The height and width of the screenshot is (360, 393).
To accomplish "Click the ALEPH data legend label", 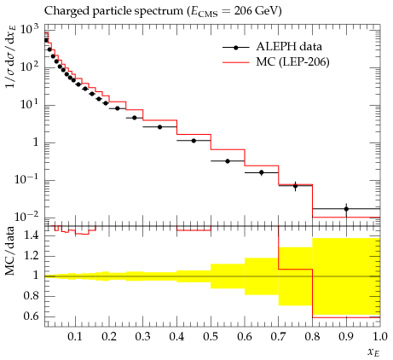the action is (x=289, y=47).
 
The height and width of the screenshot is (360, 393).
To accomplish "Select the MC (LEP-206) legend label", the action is (x=292, y=61).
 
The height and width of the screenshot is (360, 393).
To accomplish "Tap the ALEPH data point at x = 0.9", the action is (x=346, y=209).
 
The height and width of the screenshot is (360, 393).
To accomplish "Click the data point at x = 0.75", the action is (x=295, y=186).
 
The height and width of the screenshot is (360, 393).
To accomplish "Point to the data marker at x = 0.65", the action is (x=262, y=172).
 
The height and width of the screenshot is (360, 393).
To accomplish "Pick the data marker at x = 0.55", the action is (x=228, y=161).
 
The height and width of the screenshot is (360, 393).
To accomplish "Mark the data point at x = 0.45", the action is (x=194, y=141).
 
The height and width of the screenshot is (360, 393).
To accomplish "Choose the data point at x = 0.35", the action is (x=159, y=127).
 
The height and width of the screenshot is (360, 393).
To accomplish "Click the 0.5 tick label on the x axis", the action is (x=211, y=336).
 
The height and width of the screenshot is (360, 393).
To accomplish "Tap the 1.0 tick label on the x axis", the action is (x=379, y=336).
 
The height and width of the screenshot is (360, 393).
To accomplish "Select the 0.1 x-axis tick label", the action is (x=75, y=336).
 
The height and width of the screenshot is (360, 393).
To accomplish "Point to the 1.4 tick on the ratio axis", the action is (x=32, y=235).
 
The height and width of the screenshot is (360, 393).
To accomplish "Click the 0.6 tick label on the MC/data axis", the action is (x=32, y=316).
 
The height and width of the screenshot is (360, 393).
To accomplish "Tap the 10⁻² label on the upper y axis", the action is (x=27, y=218).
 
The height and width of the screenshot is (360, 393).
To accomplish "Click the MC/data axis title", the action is (x=9, y=251).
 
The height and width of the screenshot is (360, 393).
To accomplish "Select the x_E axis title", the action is (x=373, y=352).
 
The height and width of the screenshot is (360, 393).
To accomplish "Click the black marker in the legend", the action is (x=236, y=48).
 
